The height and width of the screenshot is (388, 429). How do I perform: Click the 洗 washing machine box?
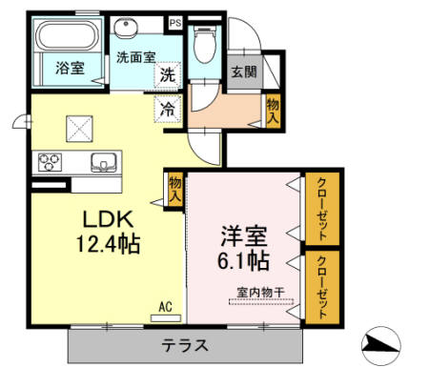coord(167,74)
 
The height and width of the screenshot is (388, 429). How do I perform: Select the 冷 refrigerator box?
coord(167,109)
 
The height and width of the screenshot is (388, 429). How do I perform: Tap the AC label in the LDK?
coord(165,306)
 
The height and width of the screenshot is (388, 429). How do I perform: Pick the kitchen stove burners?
coord(50,162)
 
